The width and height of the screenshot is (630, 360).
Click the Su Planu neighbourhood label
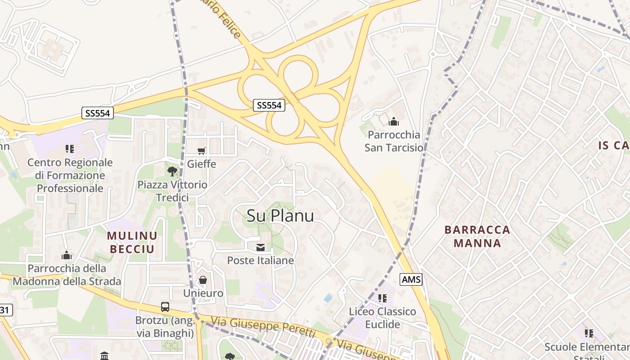pyautogui.click(x=280, y=216)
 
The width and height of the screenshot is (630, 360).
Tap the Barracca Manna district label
pyautogui.click(x=477, y=236)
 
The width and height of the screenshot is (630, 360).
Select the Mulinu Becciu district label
pyautogui.click(x=132, y=242)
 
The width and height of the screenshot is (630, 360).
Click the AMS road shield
pyautogui.click(x=411, y=279)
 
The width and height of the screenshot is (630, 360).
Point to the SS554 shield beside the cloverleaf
pyautogui.click(x=269, y=105)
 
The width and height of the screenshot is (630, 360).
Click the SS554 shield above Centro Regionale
pyautogui.click(x=98, y=113)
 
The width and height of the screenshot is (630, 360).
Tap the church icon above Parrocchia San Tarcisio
pyautogui.click(x=394, y=121)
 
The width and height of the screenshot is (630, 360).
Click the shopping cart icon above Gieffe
pyautogui.click(x=201, y=151)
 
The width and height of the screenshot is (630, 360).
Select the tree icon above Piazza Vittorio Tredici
pyautogui.click(x=172, y=171)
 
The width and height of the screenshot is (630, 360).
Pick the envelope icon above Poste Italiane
pyautogui.click(x=260, y=247)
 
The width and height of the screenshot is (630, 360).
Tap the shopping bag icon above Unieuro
pyautogui.click(x=203, y=280)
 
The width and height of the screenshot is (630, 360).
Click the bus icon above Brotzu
pyautogui.click(x=165, y=307)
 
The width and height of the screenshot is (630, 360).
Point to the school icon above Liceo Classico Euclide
pyautogui.click(x=382, y=298)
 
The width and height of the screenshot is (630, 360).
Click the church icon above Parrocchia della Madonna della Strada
pyautogui.click(x=67, y=256)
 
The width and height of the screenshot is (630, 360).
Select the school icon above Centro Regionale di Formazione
pyautogui.click(x=69, y=148)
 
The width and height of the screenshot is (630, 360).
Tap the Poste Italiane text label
pyautogui.click(x=260, y=260)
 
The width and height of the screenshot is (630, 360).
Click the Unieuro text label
pyautogui.click(x=203, y=293)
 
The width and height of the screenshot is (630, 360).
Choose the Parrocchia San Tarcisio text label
pyautogui.click(x=394, y=141)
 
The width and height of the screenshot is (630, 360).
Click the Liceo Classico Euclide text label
pyautogui.click(x=382, y=318)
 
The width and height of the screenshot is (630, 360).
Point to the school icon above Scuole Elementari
pyautogui.click(x=589, y=333)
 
